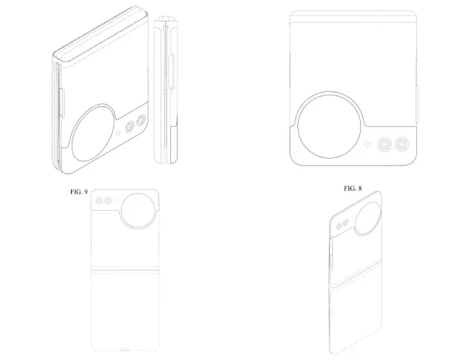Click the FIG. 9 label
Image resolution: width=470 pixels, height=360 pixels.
pyautogui.click(x=79, y=192)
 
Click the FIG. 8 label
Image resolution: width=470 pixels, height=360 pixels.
pyautogui.click(x=352, y=187)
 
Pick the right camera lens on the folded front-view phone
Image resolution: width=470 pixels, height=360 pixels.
pyautogui.click(x=404, y=144)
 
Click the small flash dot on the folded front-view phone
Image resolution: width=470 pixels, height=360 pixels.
pyautogui.click(x=367, y=144)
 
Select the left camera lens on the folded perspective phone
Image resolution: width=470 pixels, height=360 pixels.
pyautogui.click(x=129, y=127)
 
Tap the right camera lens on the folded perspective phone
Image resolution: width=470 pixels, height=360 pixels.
pyautogui.click(x=141, y=120)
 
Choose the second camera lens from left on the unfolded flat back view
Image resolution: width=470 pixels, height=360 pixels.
pyautogui.click(x=108, y=201)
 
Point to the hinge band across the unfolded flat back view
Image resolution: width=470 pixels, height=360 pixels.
pyautogui.click(x=125, y=271)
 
